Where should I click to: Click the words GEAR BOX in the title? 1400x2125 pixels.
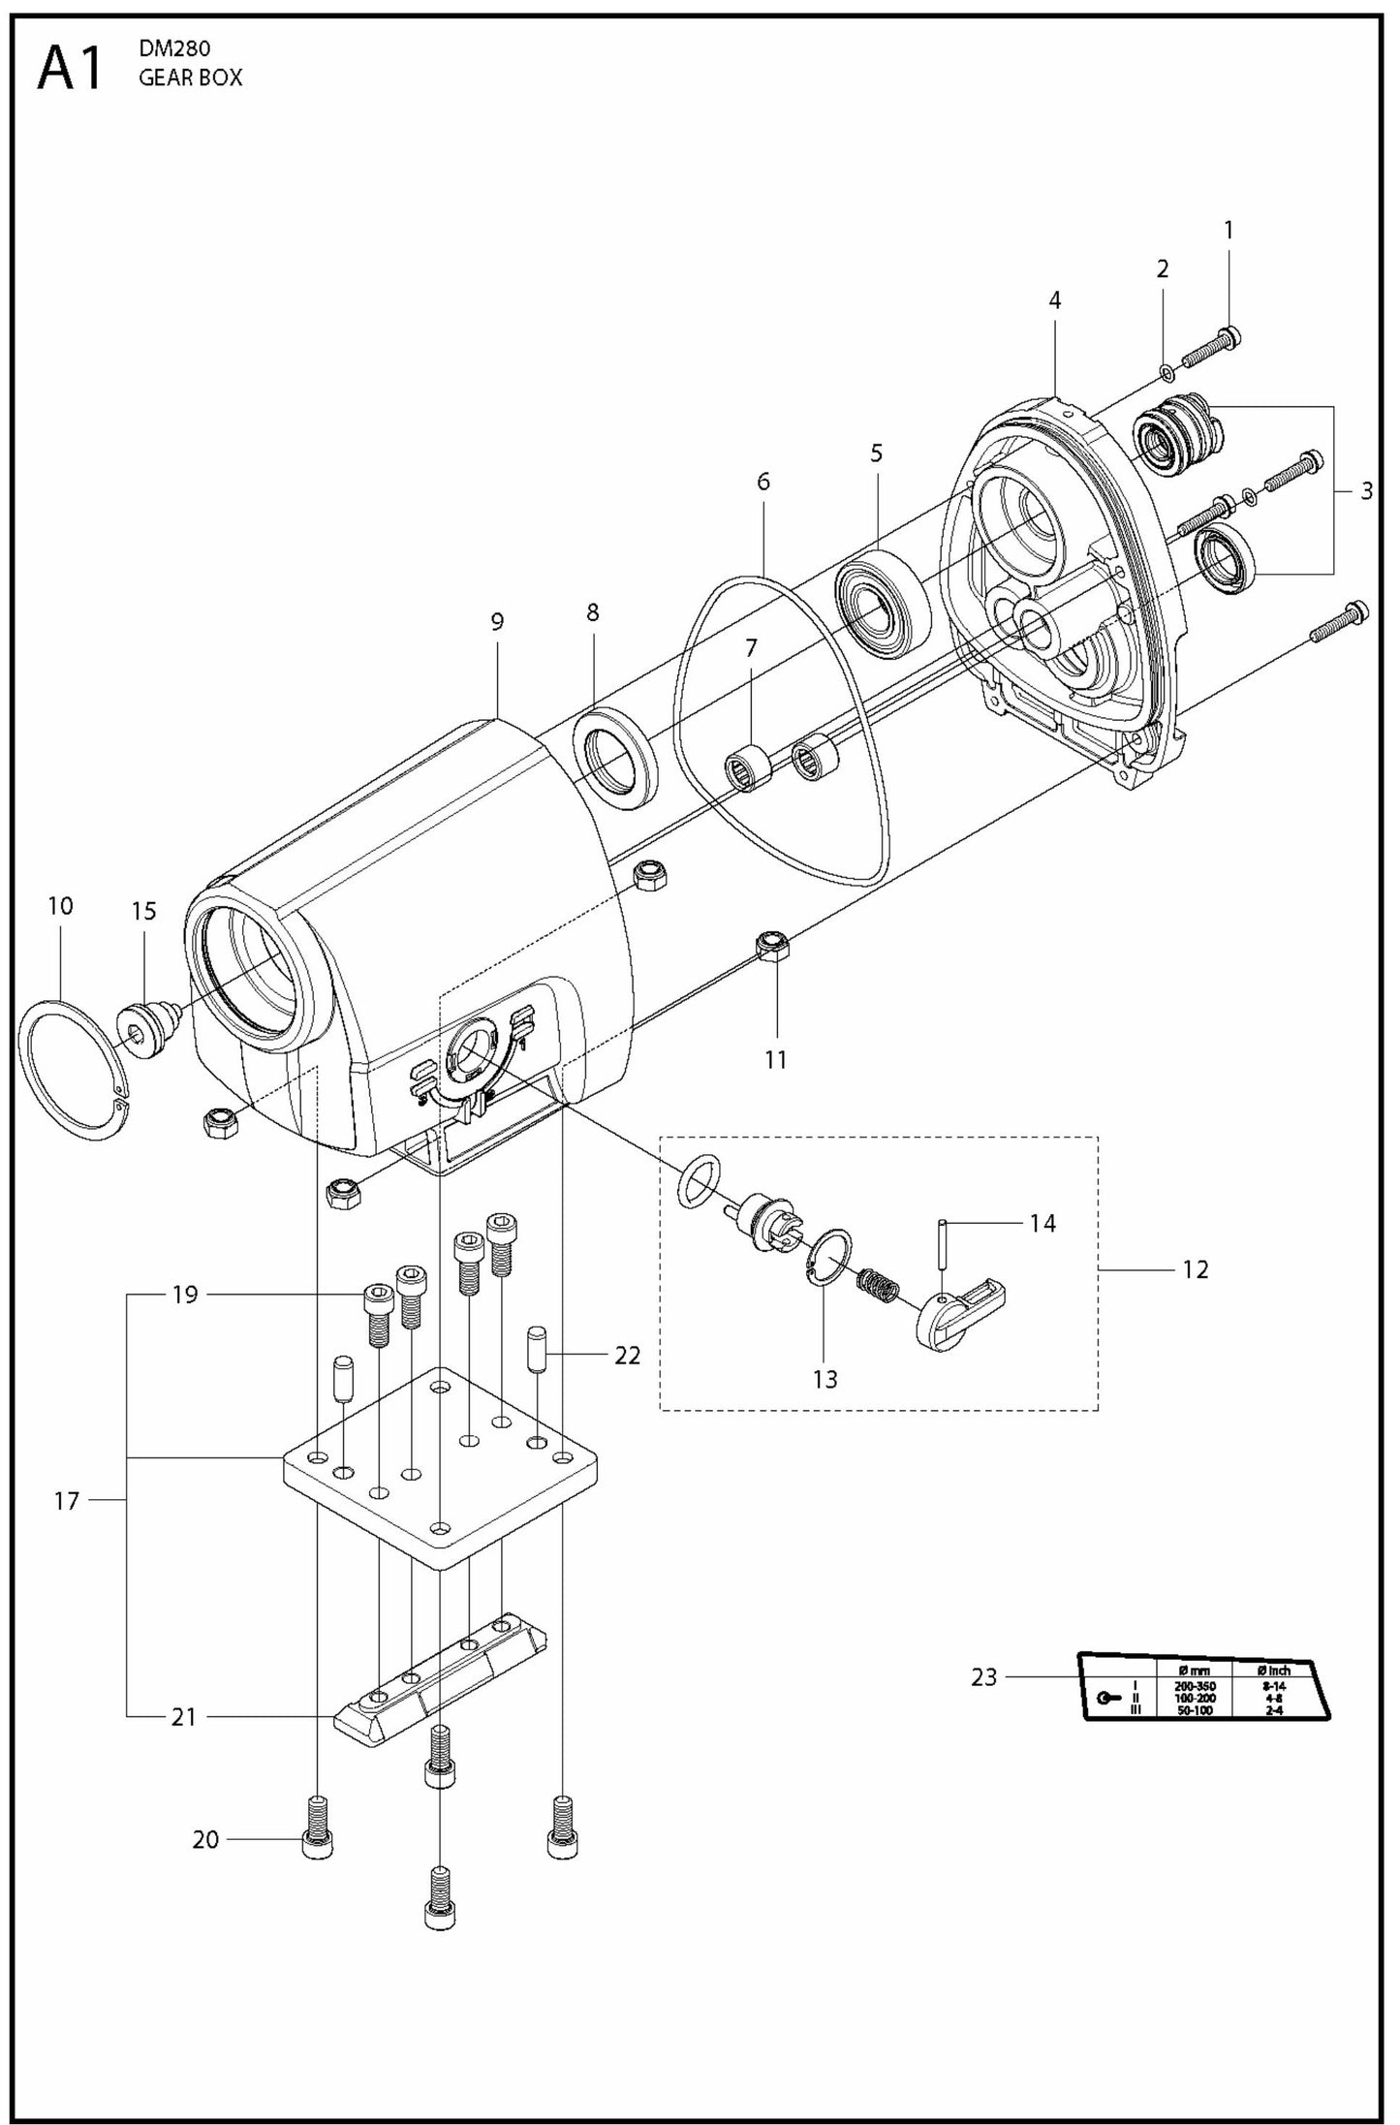(190, 79)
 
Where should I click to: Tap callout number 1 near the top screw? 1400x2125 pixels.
(1229, 231)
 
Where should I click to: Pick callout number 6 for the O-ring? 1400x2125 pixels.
(763, 482)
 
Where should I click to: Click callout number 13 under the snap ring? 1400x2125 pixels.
(824, 1379)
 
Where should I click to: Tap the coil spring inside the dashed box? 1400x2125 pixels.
(879, 1286)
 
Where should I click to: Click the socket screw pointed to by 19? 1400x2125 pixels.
(378, 1313)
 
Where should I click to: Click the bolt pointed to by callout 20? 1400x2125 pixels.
(317, 1828)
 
